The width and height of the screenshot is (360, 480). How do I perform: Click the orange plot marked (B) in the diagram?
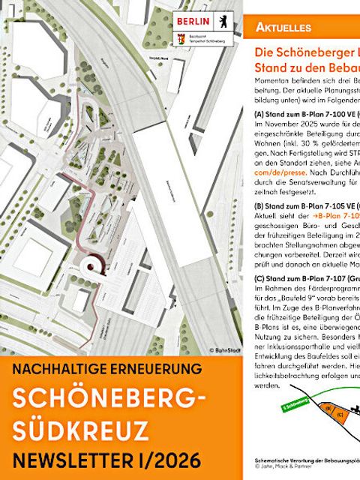(328, 408)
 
